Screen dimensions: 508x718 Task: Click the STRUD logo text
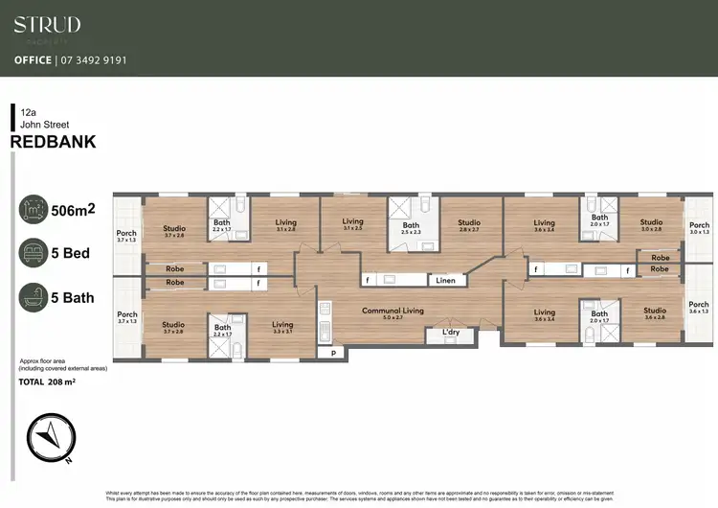pyautogui.click(x=47, y=25)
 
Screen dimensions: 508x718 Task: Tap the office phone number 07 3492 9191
pyautogui.click(x=96, y=59)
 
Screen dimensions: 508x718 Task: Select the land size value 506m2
pyautogui.click(x=72, y=211)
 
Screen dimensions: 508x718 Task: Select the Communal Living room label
pyautogui.click(x=393, y=312)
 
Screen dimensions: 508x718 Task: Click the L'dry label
pyautogui.click(x=450, y=334)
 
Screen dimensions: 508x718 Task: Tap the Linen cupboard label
pyautogui.click(x=446, y=281)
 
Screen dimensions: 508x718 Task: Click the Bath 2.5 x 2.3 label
pyautogui.click(x=411, y=229)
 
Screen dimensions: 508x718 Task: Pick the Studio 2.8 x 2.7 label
pyautogui.click(x=468, y=226)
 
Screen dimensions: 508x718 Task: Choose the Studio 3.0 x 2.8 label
pyautogui.click(x=651, y=226)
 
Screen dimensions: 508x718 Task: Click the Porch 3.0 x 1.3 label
pyautogui.click(x=699, y=227)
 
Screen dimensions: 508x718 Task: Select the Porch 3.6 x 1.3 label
pyautogui.click(x=699, y=308)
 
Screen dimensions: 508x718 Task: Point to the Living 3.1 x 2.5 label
pyautogui.click(x=353, y=224)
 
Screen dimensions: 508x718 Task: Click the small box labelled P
pyautogui.click(x=333, y=354)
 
